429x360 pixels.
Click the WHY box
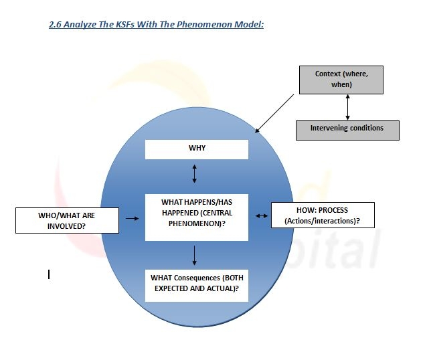tap(196, 149)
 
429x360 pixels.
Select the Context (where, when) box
tap(340, 80)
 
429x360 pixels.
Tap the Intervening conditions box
tap(347, 130)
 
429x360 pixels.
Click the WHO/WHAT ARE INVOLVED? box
tap(66, 220)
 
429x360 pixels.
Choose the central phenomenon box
tap(196, 216)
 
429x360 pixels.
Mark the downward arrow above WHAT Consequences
tap(195, 254)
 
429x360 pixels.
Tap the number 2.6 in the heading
tap(56, 25)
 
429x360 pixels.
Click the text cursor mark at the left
tap(49, 274)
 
